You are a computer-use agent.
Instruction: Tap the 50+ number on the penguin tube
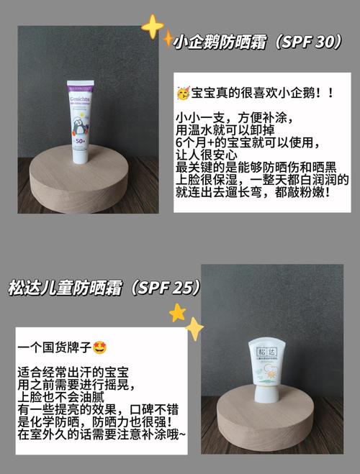click(81, 141)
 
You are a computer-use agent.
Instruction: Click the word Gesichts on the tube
click(80, 99)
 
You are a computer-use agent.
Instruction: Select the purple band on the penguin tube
click(80, 88)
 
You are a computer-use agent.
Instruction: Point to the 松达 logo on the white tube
click(267, 352)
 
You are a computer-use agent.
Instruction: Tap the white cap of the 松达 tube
click(265, 394)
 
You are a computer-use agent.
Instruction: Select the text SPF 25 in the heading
click(165, 287)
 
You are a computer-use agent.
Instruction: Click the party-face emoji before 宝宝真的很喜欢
click(184, 93)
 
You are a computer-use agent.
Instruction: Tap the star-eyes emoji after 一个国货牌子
click(100, 347)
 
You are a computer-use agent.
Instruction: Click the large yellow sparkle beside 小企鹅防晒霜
click(153, 27)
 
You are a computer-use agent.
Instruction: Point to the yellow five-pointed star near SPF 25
click(177, 313)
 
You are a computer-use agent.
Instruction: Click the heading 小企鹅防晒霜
click(220, 42)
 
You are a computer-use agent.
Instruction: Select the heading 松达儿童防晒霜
click(66, 288)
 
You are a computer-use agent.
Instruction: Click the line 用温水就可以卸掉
click(225, 130)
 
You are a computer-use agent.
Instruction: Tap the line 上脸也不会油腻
click(60, 397)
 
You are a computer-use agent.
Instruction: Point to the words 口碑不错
click(154, 409)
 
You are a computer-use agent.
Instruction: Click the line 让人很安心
click(207, 155)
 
